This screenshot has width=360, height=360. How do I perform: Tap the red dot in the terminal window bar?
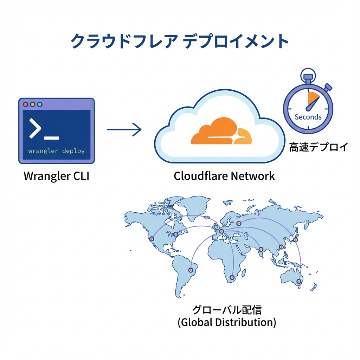tap(25, 104)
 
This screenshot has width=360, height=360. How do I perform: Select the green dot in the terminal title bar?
tap(39, 104)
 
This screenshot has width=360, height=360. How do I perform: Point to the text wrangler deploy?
tap(56, 151)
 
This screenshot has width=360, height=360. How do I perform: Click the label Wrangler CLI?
tap(56, 176)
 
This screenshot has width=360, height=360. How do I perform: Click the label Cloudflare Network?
tap(224, 176)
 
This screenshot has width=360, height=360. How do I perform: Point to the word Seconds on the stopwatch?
tap(308, 117)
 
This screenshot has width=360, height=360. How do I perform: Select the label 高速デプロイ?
tap(319, 147)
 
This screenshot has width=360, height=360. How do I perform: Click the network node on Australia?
tap(299, 281)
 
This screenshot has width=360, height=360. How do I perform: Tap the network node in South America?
tap(191, 270)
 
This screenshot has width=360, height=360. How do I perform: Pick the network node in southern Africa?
tap(232, 278)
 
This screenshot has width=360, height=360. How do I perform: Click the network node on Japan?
tap(295, 240)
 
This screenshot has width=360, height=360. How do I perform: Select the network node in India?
tap(261, 249)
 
